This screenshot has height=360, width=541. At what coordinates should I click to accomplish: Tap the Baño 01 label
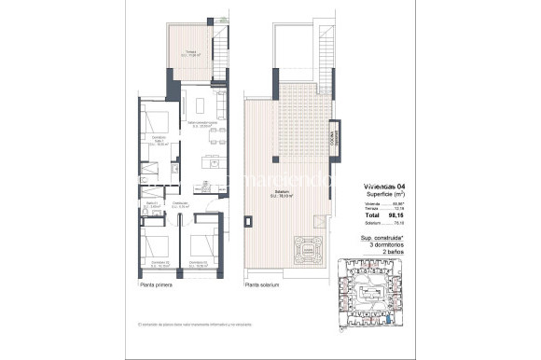pyautogui.click(x=152, y=204)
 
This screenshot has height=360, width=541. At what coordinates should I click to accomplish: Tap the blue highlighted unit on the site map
pyautogui.click(x=388, y=319)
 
